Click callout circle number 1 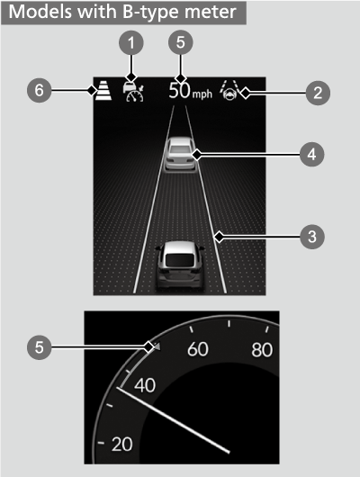pyautogui.click(x=131, y=42)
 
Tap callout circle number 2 pyautogui.click(x=315, y=90)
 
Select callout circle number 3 pyautogui.click(x=310, y=237)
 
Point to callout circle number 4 pyautogui.click(x=310, y=155)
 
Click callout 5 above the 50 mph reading pyautogui.click(x=184, y=42)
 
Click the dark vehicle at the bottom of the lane pyautogui.click(x=176, y=265)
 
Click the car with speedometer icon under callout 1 pyautogui.click(x=133, y=92)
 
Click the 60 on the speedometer pyautogui.click(x=196, y=348)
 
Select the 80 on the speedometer pyautogui.click(x=262, y=348)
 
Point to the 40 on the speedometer pyautogui.click(x=143, y=385)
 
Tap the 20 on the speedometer pyautogui.click(x=120, y=444)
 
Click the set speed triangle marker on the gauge pyautogui.click(x=154, y=346)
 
